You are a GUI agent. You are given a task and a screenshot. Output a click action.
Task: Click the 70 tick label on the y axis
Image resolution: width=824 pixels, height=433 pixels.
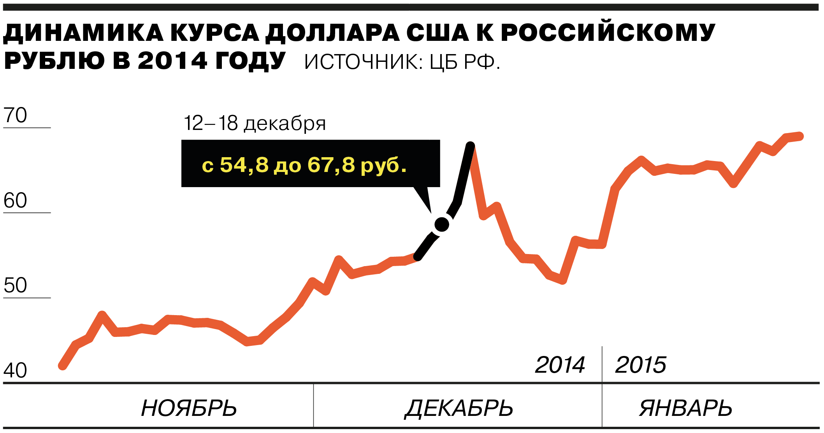pyautogui.click(x=15, y=115)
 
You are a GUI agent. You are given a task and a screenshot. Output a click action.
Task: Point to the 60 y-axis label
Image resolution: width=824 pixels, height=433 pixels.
pyautogui.click(x=15, y=201)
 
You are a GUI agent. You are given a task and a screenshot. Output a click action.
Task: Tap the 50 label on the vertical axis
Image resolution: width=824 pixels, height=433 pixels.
pyautogui.click(x=15, y=286)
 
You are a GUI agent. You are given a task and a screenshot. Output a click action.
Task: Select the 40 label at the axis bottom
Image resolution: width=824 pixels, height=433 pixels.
pyautogui.click(x=15, y=370)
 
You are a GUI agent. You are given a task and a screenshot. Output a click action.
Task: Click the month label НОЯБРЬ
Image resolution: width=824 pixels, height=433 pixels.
pyautogui.click(x=189, y=408)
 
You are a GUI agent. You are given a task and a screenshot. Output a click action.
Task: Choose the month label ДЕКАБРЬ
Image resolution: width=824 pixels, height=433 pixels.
pyautogui.click(x=459, y=408)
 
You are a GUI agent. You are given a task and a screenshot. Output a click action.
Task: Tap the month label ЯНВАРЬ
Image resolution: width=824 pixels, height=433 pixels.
pyautogui.click(x=685, y=408)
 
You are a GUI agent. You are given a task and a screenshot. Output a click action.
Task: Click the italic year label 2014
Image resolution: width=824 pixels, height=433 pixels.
pyautogui.click(x=560, y=365)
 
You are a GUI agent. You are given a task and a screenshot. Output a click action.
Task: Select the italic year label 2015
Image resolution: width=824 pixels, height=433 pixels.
pyautogui.click(x=641, y=365)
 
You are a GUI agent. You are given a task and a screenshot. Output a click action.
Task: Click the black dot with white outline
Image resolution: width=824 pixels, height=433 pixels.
pyautogui.click(x=442, y=224)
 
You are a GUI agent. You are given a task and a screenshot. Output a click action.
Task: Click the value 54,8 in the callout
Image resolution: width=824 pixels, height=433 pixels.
pyautogui.click(x=244, y=165)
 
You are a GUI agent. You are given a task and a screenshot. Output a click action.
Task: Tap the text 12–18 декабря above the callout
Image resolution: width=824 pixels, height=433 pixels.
pyautogui.click(x=255, y=123)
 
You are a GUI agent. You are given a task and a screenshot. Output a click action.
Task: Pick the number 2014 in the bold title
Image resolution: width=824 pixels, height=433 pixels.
pyautogui.click(x=172, y=61)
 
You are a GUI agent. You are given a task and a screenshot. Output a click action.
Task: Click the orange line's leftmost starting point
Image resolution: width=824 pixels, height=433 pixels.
pyautogui.click(x=62, y=366)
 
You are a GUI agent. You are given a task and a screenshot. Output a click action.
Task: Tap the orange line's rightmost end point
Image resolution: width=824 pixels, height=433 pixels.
pyautogui.click(x=800, y=136)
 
